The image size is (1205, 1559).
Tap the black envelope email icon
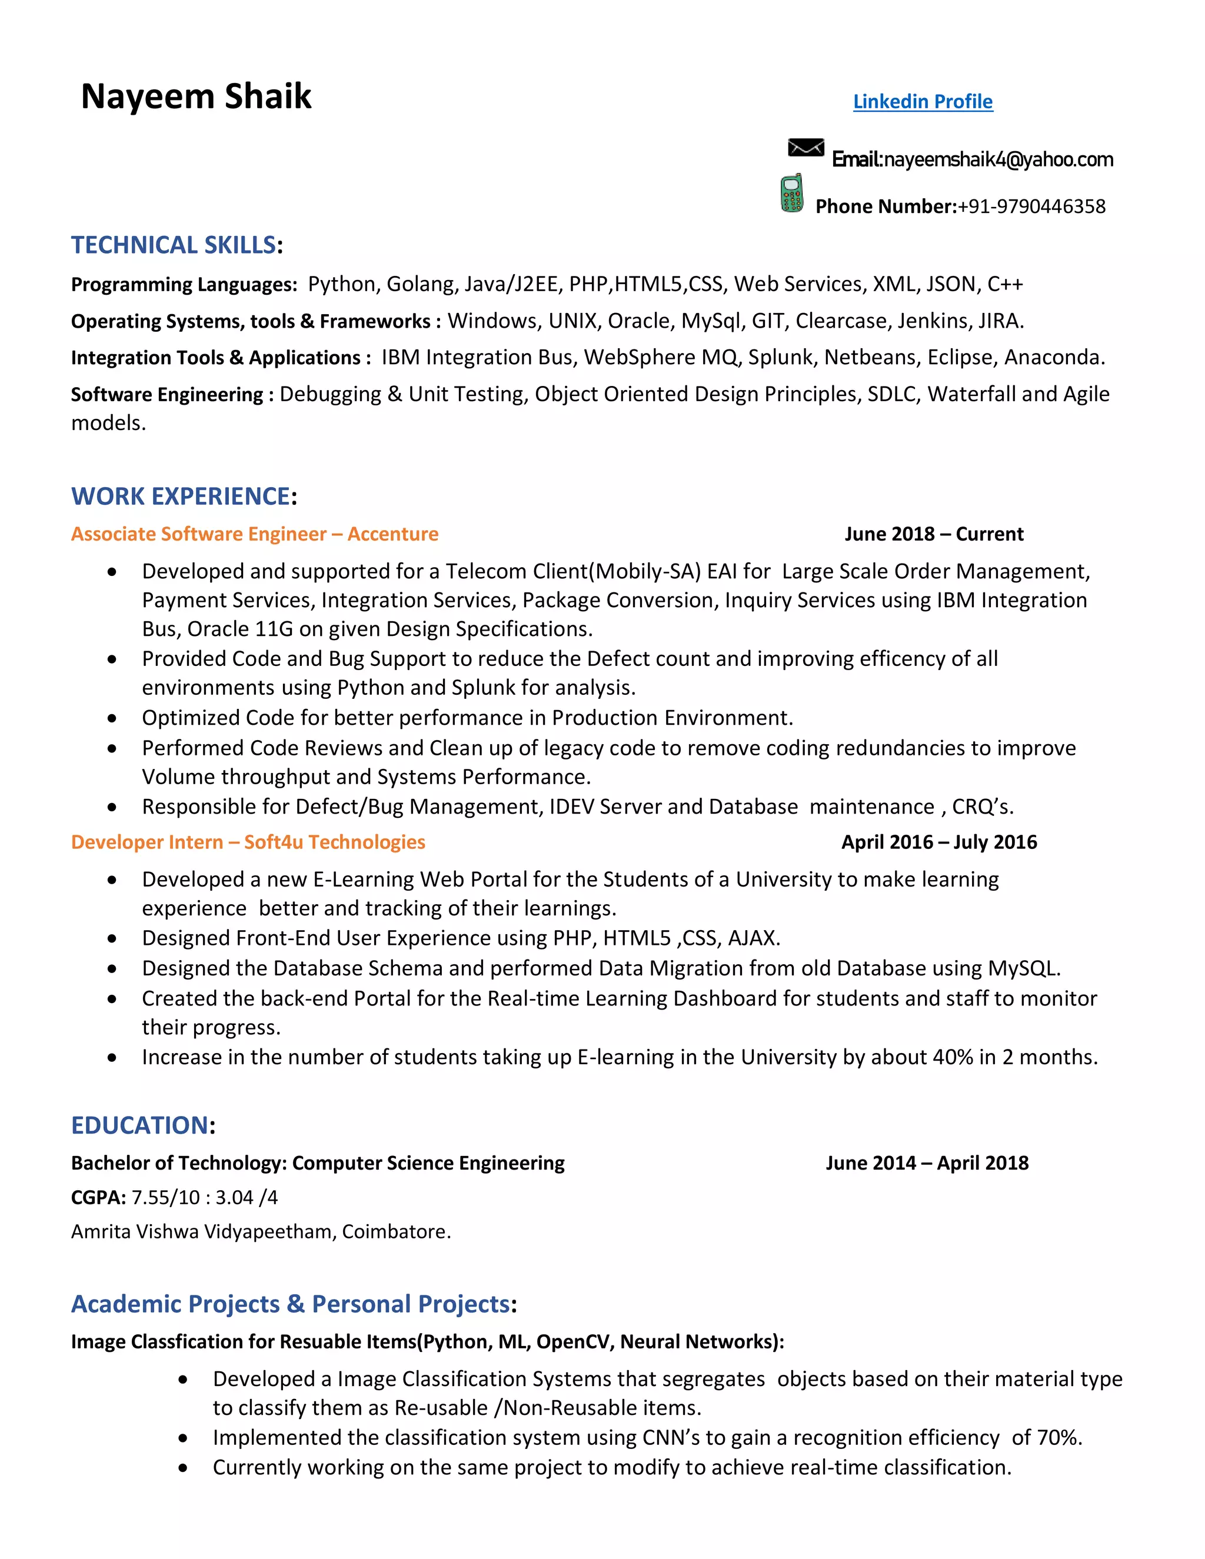tap(805, 148)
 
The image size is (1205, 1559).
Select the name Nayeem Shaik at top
tap(197, 96)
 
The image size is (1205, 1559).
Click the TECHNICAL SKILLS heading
tap(174, 245)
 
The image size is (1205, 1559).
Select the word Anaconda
tap(1053, 358)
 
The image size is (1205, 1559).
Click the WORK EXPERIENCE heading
tap(181, 496)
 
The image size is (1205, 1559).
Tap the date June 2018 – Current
tap(934, 534)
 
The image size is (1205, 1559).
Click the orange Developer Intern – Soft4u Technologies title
tap(248, 842)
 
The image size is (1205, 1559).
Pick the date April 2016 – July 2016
tap(938, 842)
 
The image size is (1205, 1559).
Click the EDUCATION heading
tap(139, 1125)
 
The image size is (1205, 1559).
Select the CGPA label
tap(98, 1198)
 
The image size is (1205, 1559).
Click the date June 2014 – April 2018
tap(927, 1164)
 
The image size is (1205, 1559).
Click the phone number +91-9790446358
tap(1031, 207)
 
